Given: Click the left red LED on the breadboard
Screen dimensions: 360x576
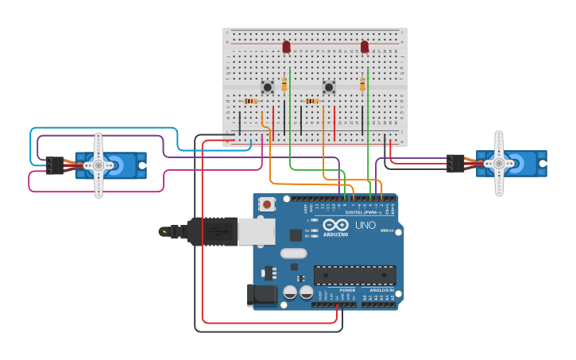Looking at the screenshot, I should pyautogui.click(x=287, y=47).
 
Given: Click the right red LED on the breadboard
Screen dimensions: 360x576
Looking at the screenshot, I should pyautogui.click(x=365, y=47).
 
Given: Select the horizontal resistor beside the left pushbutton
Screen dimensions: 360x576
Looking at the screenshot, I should pyautogui.click(x=251, y=101).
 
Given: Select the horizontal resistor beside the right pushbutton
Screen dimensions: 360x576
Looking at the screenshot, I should pyautogui.click(x=312, y=101).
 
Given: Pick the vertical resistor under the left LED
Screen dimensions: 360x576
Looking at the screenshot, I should pyautogui.click(x=284, y=84).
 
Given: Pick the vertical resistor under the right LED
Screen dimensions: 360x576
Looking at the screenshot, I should pyautogui.click(x=362, y=84).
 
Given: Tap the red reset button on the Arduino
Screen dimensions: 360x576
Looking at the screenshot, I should pyautogui.click(x=267, y=204).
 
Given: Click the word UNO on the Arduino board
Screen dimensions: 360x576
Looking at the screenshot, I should pyautogui.click(x=365, y=225).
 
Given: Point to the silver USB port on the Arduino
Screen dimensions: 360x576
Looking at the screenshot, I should pyautogui.click(x=256, y=231).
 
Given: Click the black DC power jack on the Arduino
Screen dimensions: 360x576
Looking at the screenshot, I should pyautogui.click(x=261, y=296).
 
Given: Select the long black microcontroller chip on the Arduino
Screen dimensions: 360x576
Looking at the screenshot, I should pyautogui.click(x=354, y=275).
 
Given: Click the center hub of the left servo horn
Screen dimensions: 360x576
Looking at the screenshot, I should pyautogui.click(x=99, y=165).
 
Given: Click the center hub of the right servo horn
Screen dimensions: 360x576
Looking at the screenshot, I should pyautogui.click(x=499, y=164).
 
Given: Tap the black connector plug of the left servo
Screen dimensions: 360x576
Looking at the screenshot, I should pyautogui.click(x=54, y=165).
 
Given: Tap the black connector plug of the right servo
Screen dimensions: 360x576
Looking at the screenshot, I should pyautogui.click(x=455, y=164).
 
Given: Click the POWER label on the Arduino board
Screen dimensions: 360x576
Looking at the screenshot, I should pyautogui.click(x=347, y=290).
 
